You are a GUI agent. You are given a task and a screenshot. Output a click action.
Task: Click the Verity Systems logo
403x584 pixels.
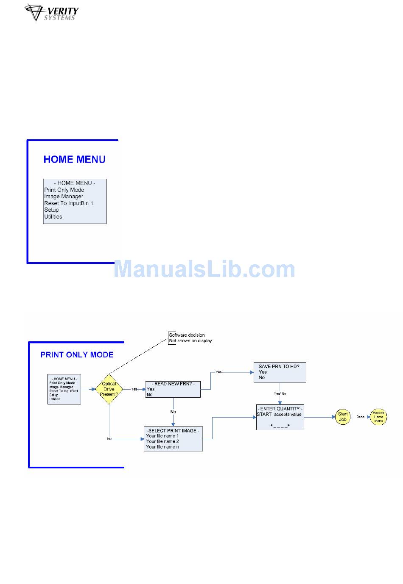52,13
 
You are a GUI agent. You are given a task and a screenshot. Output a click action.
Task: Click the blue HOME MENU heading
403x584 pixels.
74,160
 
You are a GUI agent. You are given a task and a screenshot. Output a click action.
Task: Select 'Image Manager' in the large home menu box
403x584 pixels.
64,197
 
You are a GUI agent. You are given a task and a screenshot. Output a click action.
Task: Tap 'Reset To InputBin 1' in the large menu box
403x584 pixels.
68,203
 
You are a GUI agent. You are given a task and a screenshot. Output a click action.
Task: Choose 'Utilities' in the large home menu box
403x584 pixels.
53,217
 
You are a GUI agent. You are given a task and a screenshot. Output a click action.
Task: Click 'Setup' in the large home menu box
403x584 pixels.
51,210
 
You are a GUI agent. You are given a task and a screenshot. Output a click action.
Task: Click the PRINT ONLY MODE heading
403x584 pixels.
77,355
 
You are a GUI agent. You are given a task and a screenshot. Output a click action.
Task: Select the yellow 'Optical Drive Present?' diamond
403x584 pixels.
109,389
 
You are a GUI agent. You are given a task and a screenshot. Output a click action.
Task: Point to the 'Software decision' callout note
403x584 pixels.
190,338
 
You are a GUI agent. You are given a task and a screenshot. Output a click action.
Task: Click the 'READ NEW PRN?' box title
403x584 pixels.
173,384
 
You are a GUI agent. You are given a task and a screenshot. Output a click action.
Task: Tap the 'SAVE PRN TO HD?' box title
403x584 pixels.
279,366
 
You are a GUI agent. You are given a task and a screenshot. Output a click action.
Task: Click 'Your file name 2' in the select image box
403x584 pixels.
162,441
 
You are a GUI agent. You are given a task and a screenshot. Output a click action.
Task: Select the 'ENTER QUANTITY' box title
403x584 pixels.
280,409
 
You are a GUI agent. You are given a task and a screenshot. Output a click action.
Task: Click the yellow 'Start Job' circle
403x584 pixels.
343,417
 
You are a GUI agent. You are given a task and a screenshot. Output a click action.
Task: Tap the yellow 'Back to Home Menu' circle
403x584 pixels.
378,417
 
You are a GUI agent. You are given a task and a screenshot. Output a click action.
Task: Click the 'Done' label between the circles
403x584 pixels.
360,417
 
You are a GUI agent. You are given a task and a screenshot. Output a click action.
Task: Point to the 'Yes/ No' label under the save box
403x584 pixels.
280,393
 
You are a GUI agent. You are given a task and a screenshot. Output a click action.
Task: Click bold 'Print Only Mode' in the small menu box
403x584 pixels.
62,383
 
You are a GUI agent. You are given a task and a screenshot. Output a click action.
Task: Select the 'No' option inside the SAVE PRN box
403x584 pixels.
262,377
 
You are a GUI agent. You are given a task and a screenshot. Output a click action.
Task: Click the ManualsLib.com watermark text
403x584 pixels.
204,269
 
